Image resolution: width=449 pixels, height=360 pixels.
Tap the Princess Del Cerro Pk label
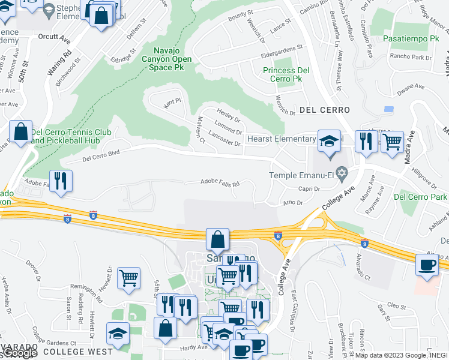coord(285,74)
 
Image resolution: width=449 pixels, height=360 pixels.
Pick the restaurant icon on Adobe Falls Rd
coord(60,181)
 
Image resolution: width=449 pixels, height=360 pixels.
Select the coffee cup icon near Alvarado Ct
coord(427,265)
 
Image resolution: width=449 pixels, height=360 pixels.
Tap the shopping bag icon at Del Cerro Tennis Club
coord(20,132)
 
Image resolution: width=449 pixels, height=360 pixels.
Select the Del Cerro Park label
coord(420,196)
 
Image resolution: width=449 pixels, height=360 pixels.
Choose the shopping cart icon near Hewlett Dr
coord(128,278)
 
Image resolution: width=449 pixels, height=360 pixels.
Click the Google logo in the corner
coord(20,353)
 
